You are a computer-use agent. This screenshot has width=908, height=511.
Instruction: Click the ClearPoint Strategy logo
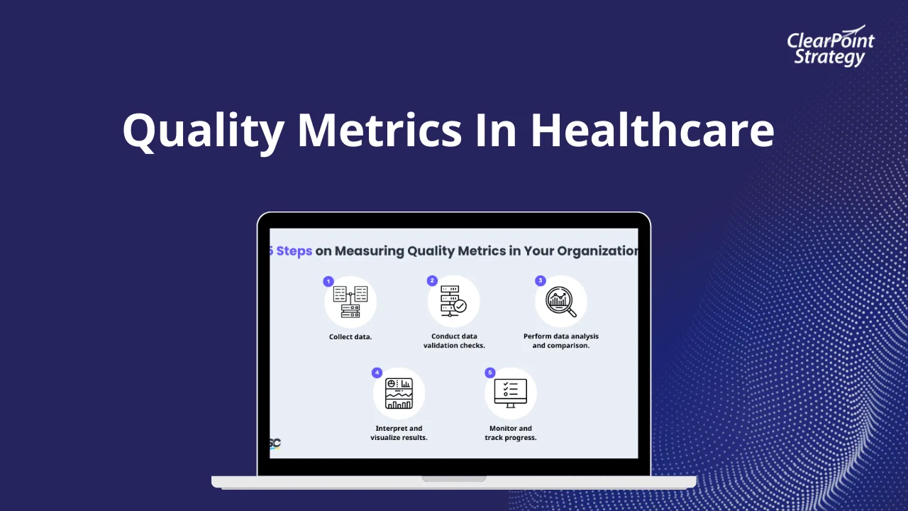tap(830, 48)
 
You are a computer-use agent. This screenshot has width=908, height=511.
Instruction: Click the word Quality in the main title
tap(201, 131)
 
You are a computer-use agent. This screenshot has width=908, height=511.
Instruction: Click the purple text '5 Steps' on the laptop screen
tap(291, 251)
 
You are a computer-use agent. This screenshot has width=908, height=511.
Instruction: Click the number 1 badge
tap(328, 281)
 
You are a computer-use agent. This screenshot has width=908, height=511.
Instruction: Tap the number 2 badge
tap(432, 280)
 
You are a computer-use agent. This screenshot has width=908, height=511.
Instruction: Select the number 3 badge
tap(540, 280)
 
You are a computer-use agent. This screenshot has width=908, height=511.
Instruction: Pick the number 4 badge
tap(377, 373)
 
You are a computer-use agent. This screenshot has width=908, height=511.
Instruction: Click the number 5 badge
tap(489, 373)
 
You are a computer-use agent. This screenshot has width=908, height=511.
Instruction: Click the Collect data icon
tap(350, 302)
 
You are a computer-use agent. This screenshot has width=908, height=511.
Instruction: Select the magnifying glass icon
tap(561, 302)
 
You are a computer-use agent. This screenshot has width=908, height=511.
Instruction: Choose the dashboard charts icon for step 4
tap(399, 394)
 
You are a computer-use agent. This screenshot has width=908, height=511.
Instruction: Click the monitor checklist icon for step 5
tap(511, 393)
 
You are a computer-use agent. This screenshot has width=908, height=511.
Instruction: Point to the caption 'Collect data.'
tap(350, 336)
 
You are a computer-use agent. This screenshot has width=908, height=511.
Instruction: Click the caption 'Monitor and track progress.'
tap(511, 433)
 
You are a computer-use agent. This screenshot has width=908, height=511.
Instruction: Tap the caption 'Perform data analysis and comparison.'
tap(561, 341)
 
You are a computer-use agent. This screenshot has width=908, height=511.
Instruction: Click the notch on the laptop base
tap(454, 478)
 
